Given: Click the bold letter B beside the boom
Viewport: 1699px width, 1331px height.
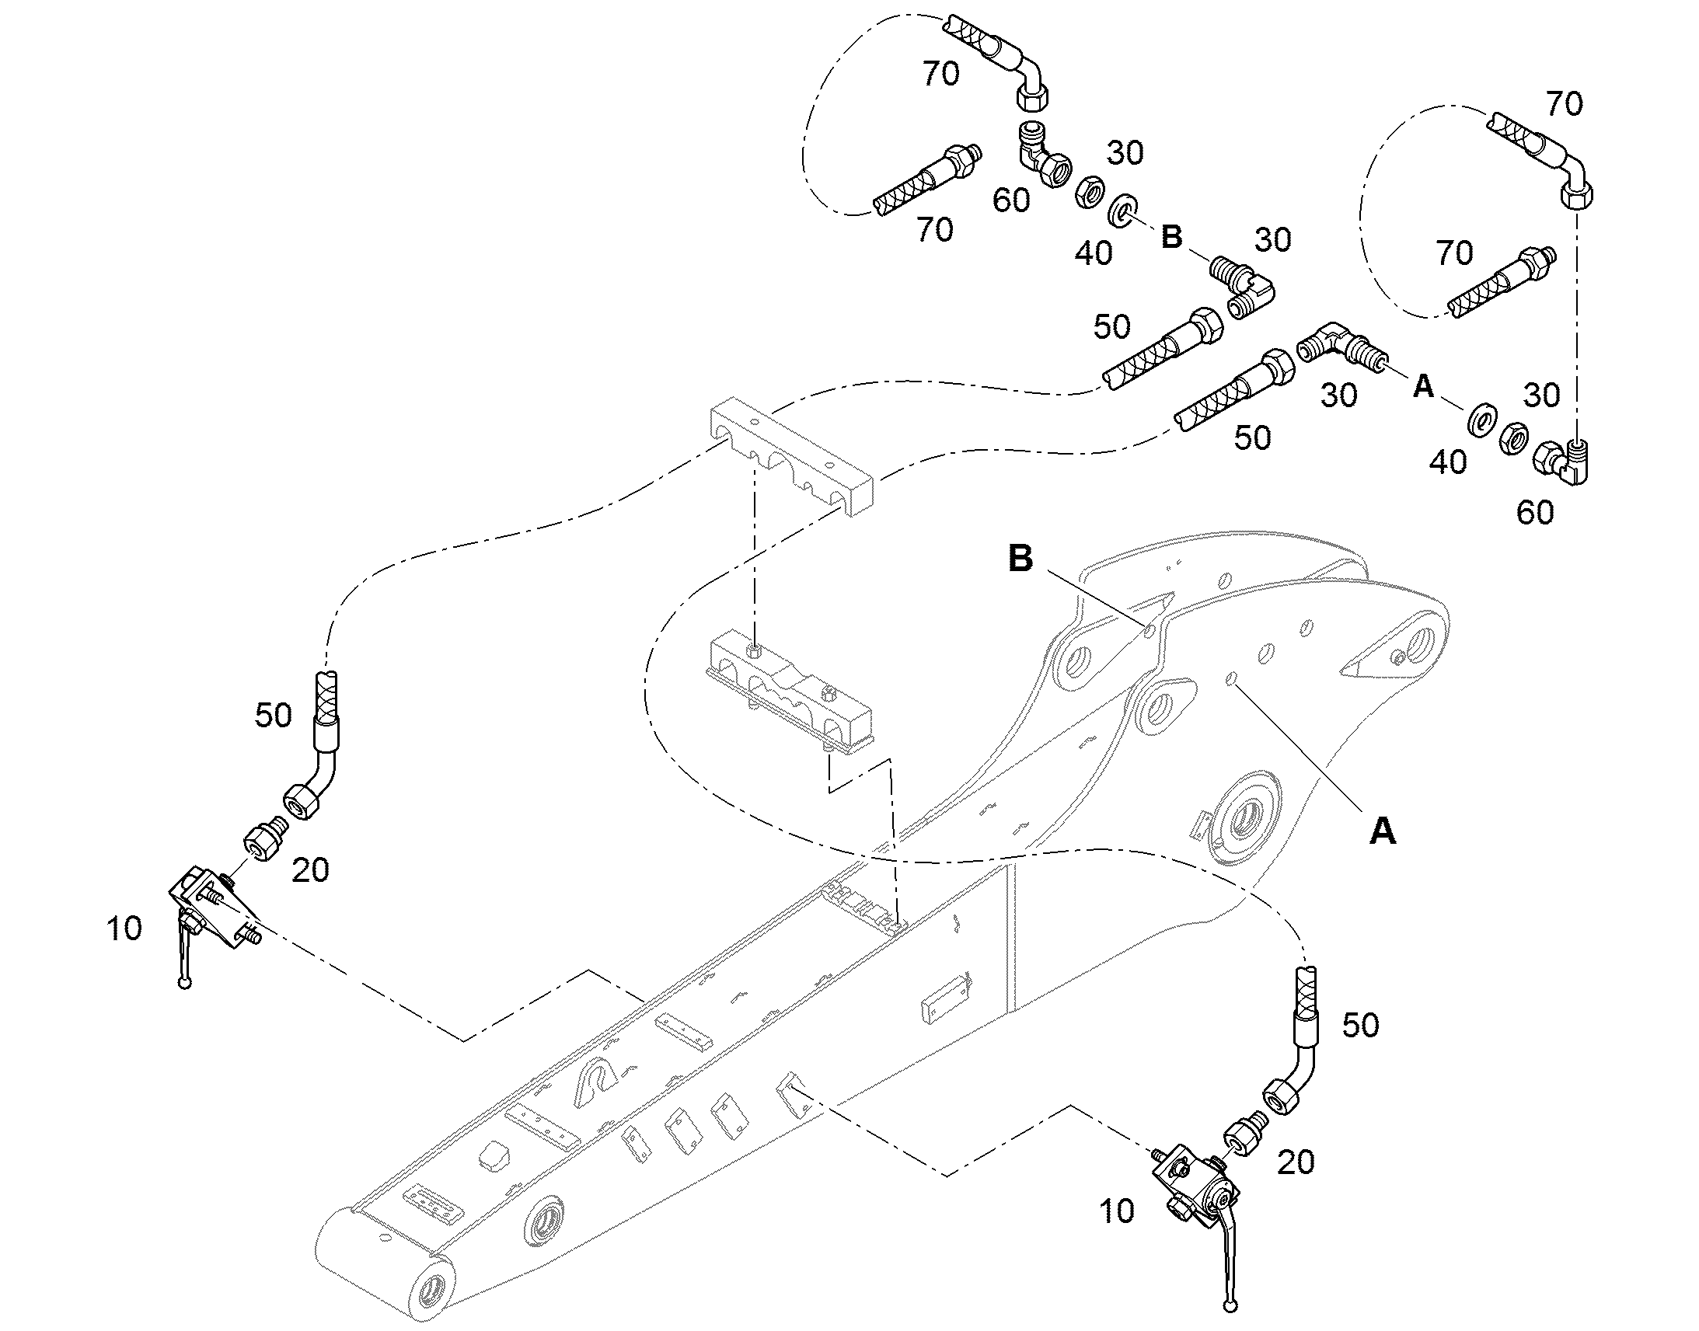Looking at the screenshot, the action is point(1021,559).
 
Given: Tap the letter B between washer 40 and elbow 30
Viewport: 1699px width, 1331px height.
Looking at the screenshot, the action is point(1172,237).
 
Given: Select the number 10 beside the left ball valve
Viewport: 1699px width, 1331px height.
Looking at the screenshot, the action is point(124,929).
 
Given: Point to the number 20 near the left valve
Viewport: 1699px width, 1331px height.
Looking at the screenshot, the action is point(310,870).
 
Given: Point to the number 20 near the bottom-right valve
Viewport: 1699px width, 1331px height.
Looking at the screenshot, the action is point(1296,1162).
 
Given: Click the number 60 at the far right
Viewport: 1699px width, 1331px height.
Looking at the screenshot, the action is point(1535,513).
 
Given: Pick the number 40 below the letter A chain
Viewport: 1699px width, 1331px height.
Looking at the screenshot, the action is point(1448,463).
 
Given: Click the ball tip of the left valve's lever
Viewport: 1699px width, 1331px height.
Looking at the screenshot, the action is point(185,983).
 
